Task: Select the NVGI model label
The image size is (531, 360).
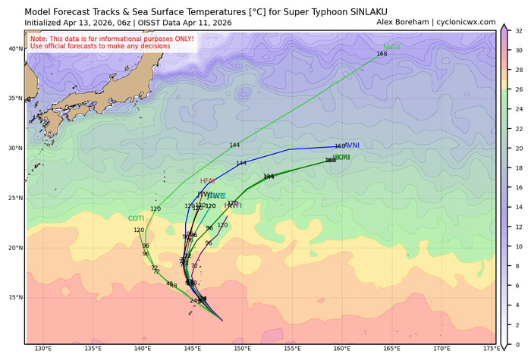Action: pyautogui.click(x=392, y=47)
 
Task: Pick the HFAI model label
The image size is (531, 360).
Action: pyautogui.click(x=208, y=181)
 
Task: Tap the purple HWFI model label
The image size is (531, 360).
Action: pyautogui.click(x=233, y=205)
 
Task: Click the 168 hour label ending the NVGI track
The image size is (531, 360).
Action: pyautogui.click(x=382, y=54)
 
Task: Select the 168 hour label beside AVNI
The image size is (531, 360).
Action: pyautogui.click(x=339, y=146)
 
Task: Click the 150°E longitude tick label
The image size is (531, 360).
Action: pyautogui.click(x=243, y=349)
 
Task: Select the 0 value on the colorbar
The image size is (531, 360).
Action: pyautogui.click(x=514, y=345)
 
